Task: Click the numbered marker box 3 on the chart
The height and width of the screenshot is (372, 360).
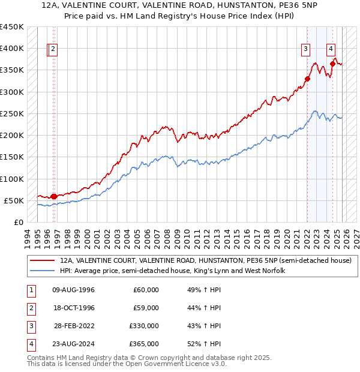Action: (306, 50)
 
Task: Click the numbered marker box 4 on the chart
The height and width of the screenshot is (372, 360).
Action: (331, 50)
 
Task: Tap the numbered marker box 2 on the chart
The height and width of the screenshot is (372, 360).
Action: (53, 50)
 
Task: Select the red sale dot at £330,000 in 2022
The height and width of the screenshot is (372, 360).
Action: (307, 79)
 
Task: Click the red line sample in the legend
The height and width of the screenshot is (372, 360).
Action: (43, 261)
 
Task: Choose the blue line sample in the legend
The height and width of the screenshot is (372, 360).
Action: (43, 271)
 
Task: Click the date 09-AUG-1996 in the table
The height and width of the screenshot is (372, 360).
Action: (74, 290)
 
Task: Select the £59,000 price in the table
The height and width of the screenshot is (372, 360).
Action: (146, 308)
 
